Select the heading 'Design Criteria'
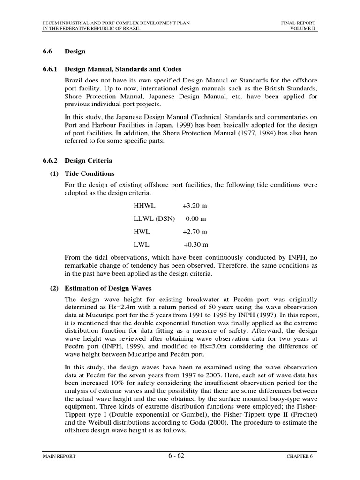pyautogui.click(x=88, y=161)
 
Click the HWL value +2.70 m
pyautogui.click(x=195, y=232)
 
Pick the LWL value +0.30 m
pyautogui.click(x=195, y=244)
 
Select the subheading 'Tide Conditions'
pyautogui.click(x=90, y=173)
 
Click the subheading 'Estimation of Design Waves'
pyautogui.click(x=108, y=288)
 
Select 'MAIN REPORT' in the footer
pyautogui.click(x=59, y=456)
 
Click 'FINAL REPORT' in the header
pyautogui.click(x=298, y=22)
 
